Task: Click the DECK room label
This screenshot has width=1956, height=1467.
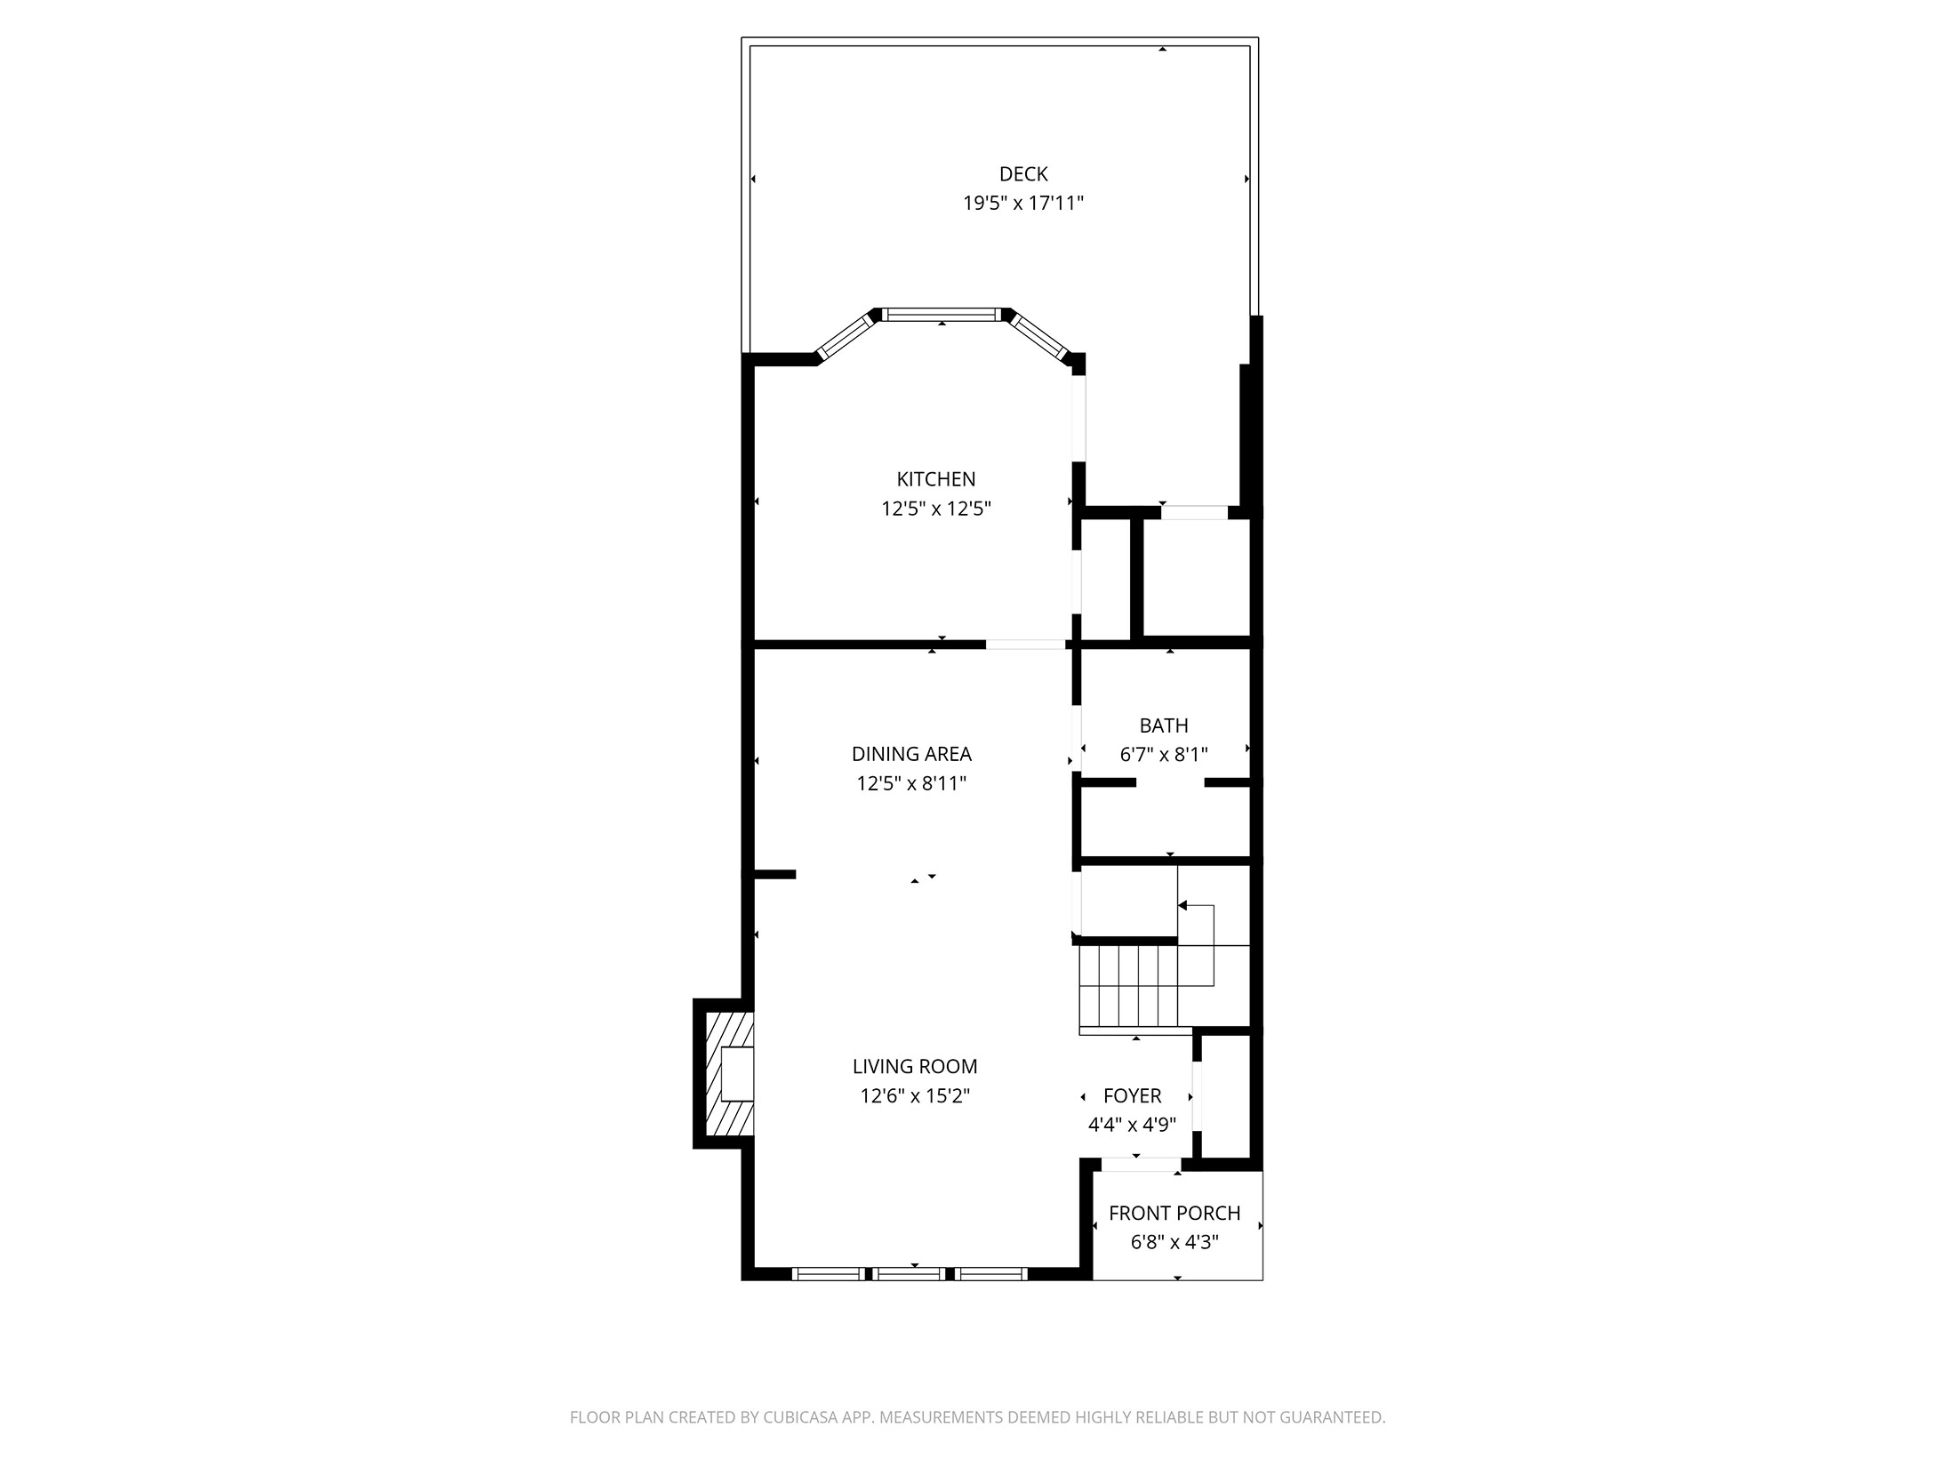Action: point(1023,174)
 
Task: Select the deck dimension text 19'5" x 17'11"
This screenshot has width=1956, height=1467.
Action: point(1023,204)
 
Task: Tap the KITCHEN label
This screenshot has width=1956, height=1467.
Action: point(935,479)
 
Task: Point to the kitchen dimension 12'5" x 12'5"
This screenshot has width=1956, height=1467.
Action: point(935,509)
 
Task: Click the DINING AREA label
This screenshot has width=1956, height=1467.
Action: point(911,754)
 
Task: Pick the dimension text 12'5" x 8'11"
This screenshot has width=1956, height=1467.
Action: point(911,784)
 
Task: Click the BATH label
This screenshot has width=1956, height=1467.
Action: point(1163,725)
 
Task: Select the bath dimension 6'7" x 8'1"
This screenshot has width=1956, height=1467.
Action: point(1163,756)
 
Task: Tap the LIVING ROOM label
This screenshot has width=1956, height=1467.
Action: point(914,1066)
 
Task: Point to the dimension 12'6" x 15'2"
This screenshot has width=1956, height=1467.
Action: point(914,1096)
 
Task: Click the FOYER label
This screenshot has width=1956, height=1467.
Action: point(1132,1096)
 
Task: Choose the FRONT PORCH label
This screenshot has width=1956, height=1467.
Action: point(1174,1213)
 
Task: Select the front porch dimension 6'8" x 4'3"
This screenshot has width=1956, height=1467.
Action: point(1174,1242)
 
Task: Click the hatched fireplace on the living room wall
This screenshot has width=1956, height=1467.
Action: point(723,1074)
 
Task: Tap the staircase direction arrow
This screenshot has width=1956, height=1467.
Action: point(1183,905)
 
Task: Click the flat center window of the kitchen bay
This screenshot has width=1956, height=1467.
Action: point(942,314)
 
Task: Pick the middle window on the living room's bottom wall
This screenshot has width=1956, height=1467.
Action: point(909,1274)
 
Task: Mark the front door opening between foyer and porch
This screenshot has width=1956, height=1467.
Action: point(1141,1164)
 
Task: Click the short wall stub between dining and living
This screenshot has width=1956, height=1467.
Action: point(774,874)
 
